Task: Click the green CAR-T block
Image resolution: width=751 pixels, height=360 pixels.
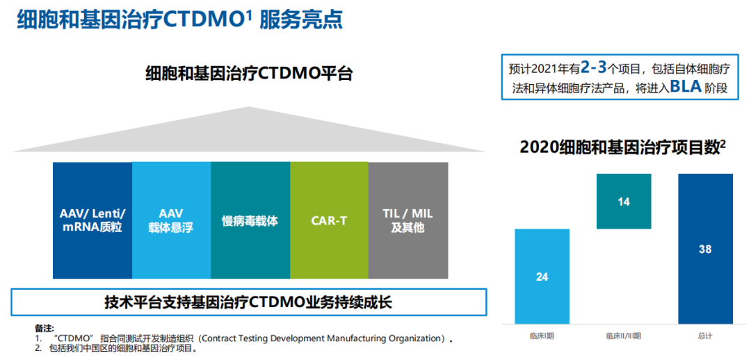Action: click(x=329, y=220)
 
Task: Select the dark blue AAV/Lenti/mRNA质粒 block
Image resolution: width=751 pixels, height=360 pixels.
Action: click(x=92, y=220)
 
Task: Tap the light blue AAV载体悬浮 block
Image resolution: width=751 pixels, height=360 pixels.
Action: click(x=172, y=220)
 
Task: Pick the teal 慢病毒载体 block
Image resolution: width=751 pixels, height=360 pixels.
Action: click(x=250, y=220)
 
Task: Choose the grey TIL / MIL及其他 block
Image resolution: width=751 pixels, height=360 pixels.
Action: click(x=408, y=220)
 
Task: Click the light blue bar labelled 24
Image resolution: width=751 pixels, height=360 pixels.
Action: click(x=542, y=276)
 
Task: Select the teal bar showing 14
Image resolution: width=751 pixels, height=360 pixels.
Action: click(x=624, y=201)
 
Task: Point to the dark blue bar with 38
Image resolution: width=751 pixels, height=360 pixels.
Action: click(x=706, y=249)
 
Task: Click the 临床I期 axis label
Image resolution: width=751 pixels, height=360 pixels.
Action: click(x=542, y=336)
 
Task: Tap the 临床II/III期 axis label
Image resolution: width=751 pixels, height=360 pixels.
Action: click(x=624, y=336)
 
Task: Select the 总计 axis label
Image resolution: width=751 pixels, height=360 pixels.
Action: click(x=706, y=336)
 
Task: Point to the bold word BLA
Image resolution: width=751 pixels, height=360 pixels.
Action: click(x=686, y=87)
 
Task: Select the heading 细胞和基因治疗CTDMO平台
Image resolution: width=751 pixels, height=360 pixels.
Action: click(x=249, y=74)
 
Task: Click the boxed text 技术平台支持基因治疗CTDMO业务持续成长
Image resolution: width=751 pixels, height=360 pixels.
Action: click(x=248, y=302)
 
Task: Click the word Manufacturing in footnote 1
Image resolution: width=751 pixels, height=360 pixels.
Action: click(x=360, y=338)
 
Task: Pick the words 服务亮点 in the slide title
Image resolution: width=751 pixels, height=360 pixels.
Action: click(x=301, y=20)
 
